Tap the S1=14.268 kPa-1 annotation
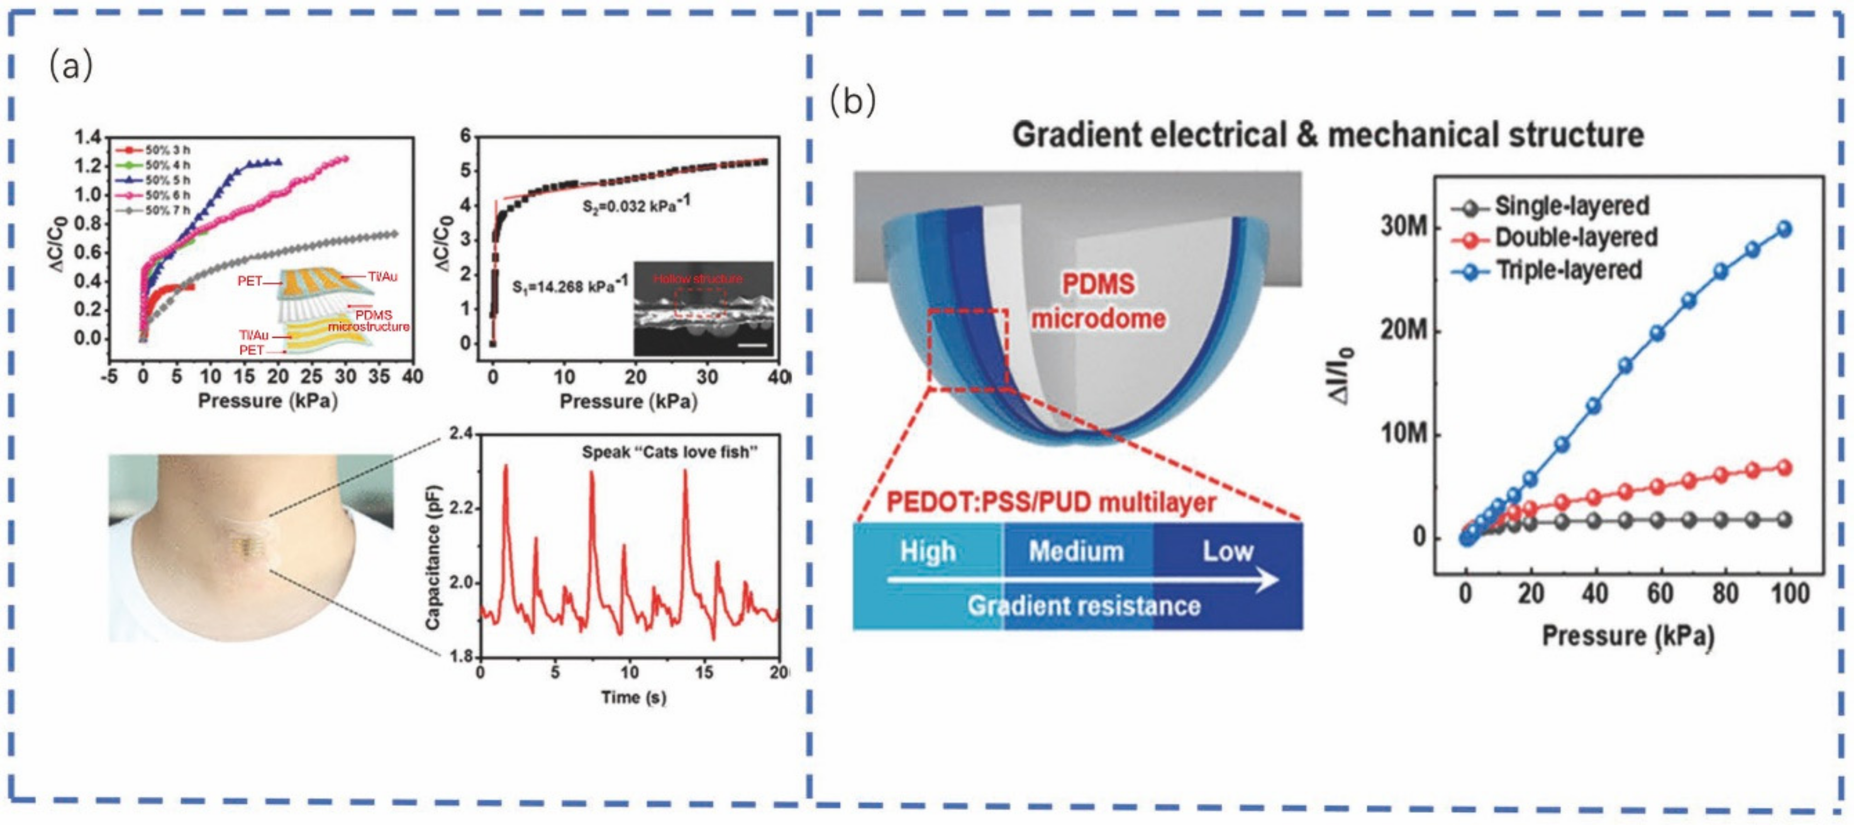pyautogui.click(x=569, y=286)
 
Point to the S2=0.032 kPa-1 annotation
pyautogui.click(x=636, y=206)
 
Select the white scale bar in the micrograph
pyautogui.click(x=753, y=345)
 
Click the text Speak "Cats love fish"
pyautogui.click(x=670, y=453)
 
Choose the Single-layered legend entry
pyautogui.click(x=1571, y=206)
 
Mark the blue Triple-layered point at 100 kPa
pyautogui.click(x=1784, y=230)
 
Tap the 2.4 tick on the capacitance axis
pyautogui.click(x=461, y=434)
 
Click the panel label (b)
pyautogui.click(x=853, y=101)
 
